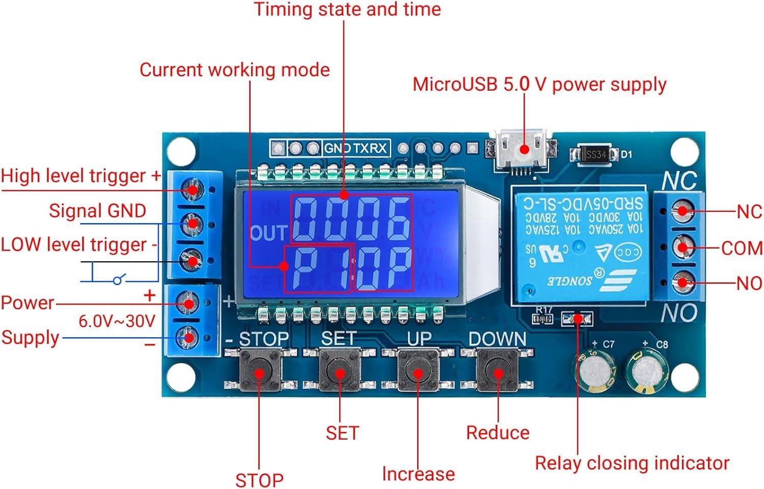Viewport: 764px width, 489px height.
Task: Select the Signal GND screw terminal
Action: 193,223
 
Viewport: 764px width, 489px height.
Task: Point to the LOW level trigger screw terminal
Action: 193,261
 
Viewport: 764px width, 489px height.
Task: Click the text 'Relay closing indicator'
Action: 632,463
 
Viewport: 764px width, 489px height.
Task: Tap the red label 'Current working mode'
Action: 234,70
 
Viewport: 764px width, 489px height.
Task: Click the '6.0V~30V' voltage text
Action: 117,321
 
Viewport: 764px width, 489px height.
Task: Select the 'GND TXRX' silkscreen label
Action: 356,148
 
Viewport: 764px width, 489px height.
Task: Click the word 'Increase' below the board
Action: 418,474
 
